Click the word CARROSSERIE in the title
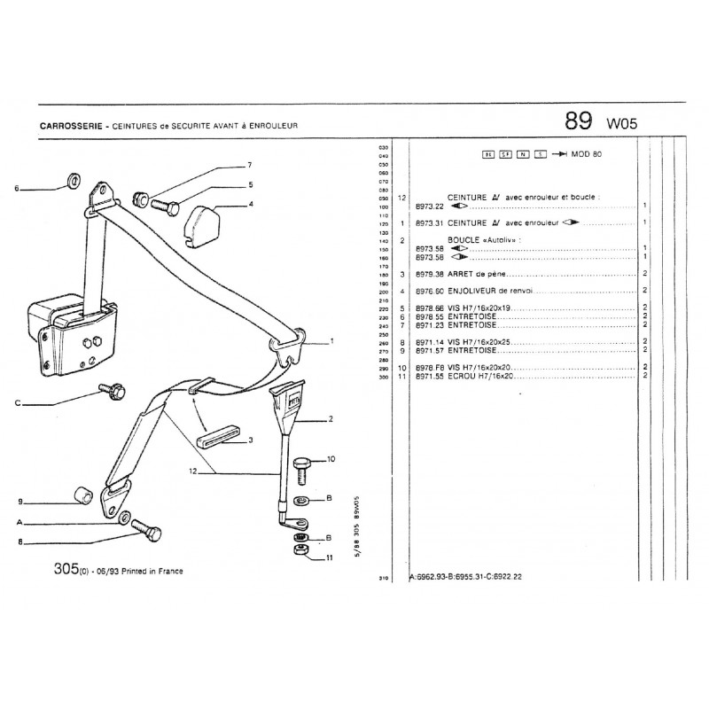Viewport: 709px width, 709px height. (68, 126)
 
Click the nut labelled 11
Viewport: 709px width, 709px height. (299, 553)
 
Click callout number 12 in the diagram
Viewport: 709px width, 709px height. (192, 472)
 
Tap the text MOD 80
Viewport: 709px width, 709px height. (588, 154)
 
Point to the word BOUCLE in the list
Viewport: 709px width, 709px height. (464, 240)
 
